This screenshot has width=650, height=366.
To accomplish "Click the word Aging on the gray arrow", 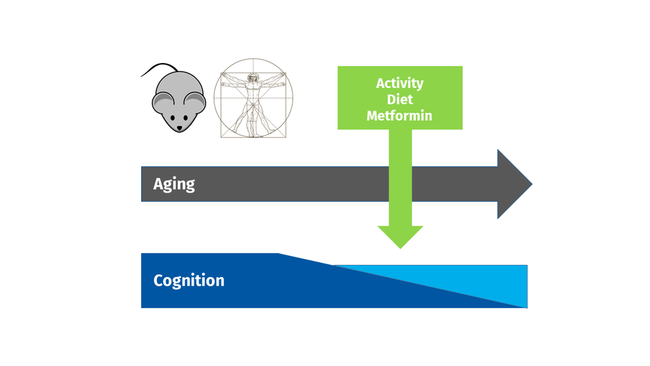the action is point(174,184).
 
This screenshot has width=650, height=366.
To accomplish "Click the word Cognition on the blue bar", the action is point(189,281).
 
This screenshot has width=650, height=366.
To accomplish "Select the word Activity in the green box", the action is point(400,83).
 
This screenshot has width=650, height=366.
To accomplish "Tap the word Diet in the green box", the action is point(400,100).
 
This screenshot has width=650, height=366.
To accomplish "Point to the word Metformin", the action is point(399,116).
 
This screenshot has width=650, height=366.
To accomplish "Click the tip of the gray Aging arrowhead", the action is point(532,184).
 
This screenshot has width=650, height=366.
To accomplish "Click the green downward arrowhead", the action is point(400,237).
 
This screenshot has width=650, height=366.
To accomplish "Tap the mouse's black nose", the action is point(179,129).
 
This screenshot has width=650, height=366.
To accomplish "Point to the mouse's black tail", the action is point(159,68).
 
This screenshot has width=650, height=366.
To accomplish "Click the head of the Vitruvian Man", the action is point(253,77).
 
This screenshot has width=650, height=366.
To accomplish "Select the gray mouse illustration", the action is point(173,98).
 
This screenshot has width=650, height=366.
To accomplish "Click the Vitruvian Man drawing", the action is point(253,98).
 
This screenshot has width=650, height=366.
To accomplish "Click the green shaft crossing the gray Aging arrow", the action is point(400,184).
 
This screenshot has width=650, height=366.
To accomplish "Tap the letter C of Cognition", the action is point(158,281).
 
